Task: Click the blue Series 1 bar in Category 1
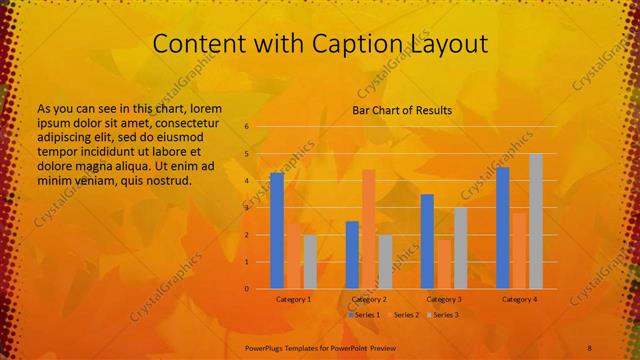tap(277, 231)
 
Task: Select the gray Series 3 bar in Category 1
tap(310, 262)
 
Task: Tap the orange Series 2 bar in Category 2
tap(369, 229)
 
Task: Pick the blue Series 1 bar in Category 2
tap(352, 255)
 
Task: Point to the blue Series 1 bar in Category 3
tap(427, 241)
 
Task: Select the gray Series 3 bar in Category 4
tap(536, 221)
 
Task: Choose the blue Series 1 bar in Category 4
tap(503, 228)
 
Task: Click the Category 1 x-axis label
tap(293, 299)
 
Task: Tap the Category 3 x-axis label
tap(444, 299)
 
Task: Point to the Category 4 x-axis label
tap(519, 299)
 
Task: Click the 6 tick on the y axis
tap(246, 127)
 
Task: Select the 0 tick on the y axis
tap(246, 289)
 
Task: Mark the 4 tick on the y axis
tap(246, 181)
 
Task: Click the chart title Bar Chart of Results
tap(402, 110)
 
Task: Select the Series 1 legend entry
tap(365, 315)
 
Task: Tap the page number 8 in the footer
tap(590, 345)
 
